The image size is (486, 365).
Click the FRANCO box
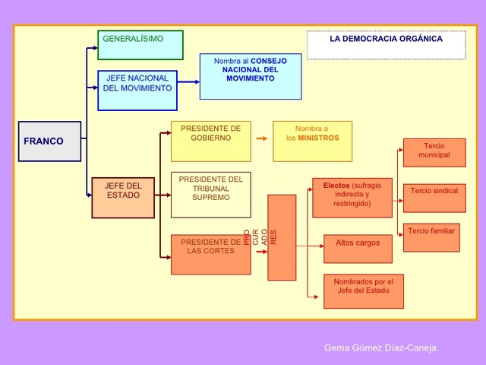(49, 141)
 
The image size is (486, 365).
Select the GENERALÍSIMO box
(140, 45)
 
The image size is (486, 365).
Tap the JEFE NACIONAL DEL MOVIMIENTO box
(137, 90)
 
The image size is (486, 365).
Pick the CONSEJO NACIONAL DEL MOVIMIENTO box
(250, 76)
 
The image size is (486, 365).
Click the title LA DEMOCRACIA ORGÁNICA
(386, 39)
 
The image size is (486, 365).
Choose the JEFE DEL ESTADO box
(123, 197)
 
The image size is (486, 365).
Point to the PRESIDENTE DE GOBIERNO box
(210, 141)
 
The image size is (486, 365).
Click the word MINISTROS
(318, 138)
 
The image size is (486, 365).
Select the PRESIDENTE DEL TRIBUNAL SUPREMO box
(210, 195)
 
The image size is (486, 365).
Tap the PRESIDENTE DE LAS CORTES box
(210, 254)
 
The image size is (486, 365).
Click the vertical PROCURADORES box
(282, 237)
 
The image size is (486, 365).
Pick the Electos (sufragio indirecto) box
(352, 198)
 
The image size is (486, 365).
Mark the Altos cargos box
(358, 249)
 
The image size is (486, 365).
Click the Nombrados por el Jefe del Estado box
(363, 291)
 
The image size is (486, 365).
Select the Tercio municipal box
(434, 153)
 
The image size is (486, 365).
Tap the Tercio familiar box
(431, 237)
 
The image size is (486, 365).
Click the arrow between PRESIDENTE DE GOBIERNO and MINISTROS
(262, 139)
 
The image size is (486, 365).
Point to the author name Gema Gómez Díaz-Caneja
(381, 348)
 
